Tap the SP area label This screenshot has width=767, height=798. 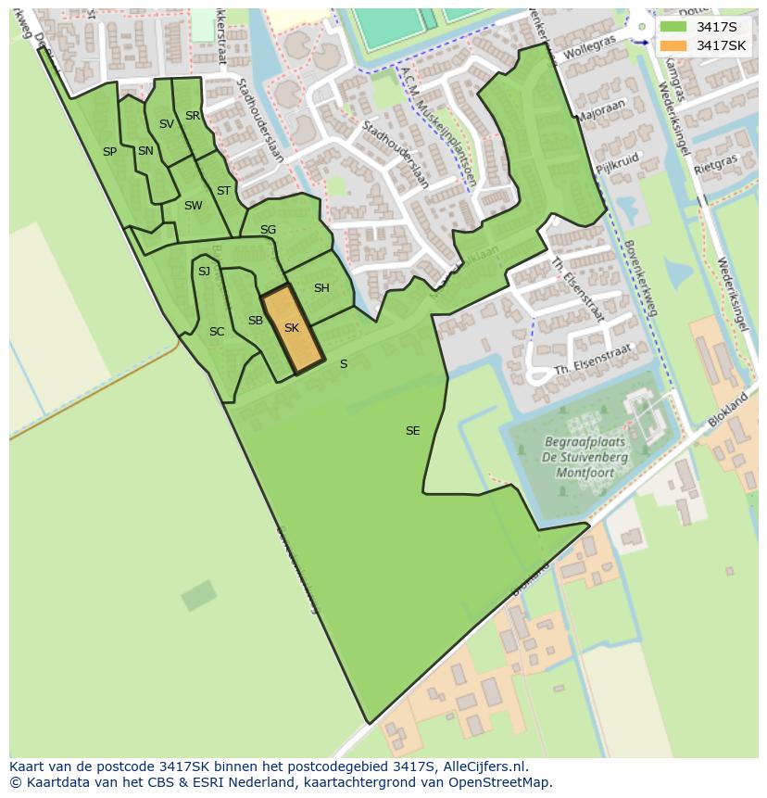[x=109, y=151]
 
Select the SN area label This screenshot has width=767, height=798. [x=145, y=151]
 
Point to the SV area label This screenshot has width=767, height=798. [x=167, y=123]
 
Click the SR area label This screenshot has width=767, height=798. [x=193, y=116]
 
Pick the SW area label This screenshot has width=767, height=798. [x=193, y=206]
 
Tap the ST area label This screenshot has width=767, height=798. [x=223, y=191]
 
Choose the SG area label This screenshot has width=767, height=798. [x=268, y=230]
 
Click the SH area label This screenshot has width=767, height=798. [x=321, y=288]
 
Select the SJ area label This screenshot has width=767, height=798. [x=204, y=271]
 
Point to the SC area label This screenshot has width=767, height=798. [x=217, y=331]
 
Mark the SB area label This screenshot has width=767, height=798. [x=256, y=321]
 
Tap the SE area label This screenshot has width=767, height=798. [x=413, y=430]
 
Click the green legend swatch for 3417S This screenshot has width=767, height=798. [x=673, y=27]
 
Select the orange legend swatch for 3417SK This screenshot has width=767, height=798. [x=673, y=45]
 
